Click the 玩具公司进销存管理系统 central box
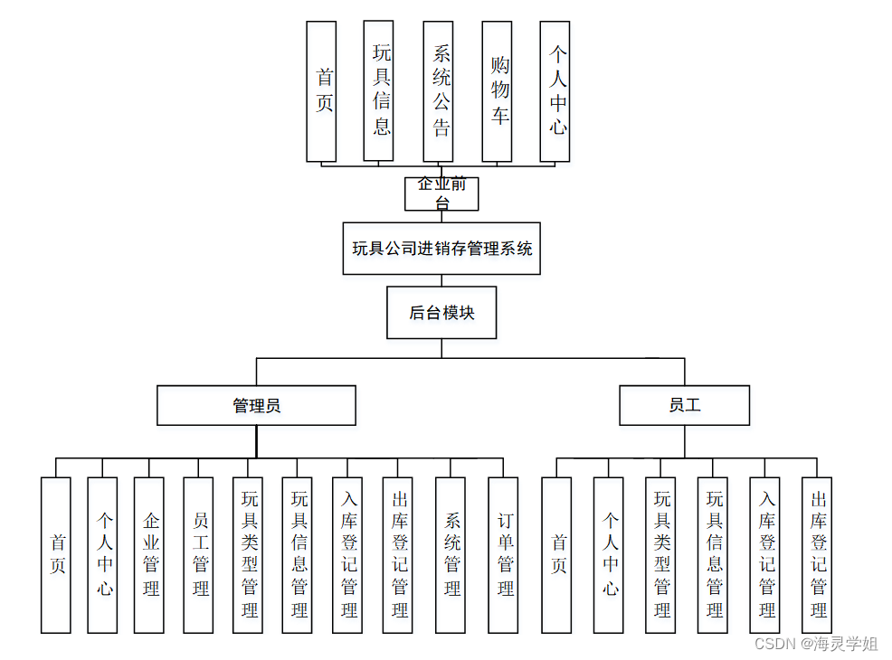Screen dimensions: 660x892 pyautogui.click(x=441, y=249)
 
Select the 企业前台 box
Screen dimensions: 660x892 pyautogui.click(x=441, y=193)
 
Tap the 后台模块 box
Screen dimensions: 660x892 pyautogui.click(x=441, y=313)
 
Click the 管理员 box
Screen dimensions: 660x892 pyautogui.click(x=256, y=406)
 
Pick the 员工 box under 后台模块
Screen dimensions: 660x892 pyautogui.click(x=684, y=406)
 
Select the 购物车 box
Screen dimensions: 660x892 pyautogui.click(x=497, y=91)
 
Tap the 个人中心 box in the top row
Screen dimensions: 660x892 pyautogui.click(x=555, y=91)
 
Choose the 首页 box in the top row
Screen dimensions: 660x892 pyautogui.click(x=321, y=91)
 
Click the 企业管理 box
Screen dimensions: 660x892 pyautogui.click(x=149, y=554)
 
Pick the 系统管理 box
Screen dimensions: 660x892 pyautogui.click(x=451, y=554)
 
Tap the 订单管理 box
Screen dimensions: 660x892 pyautogui.click(x=503, y=554)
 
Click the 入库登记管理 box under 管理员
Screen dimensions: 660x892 pyautogui.click(x=347, y=554)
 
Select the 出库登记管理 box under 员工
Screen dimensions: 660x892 pyautogui.click(x=817, y=554)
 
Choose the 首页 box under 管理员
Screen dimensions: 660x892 pyautogui.click(x=56, y=554)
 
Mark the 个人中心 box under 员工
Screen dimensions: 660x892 pyautogui.click(x=609, y=554)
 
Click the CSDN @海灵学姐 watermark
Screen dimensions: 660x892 pyautogui.click(x=816, y=644)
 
